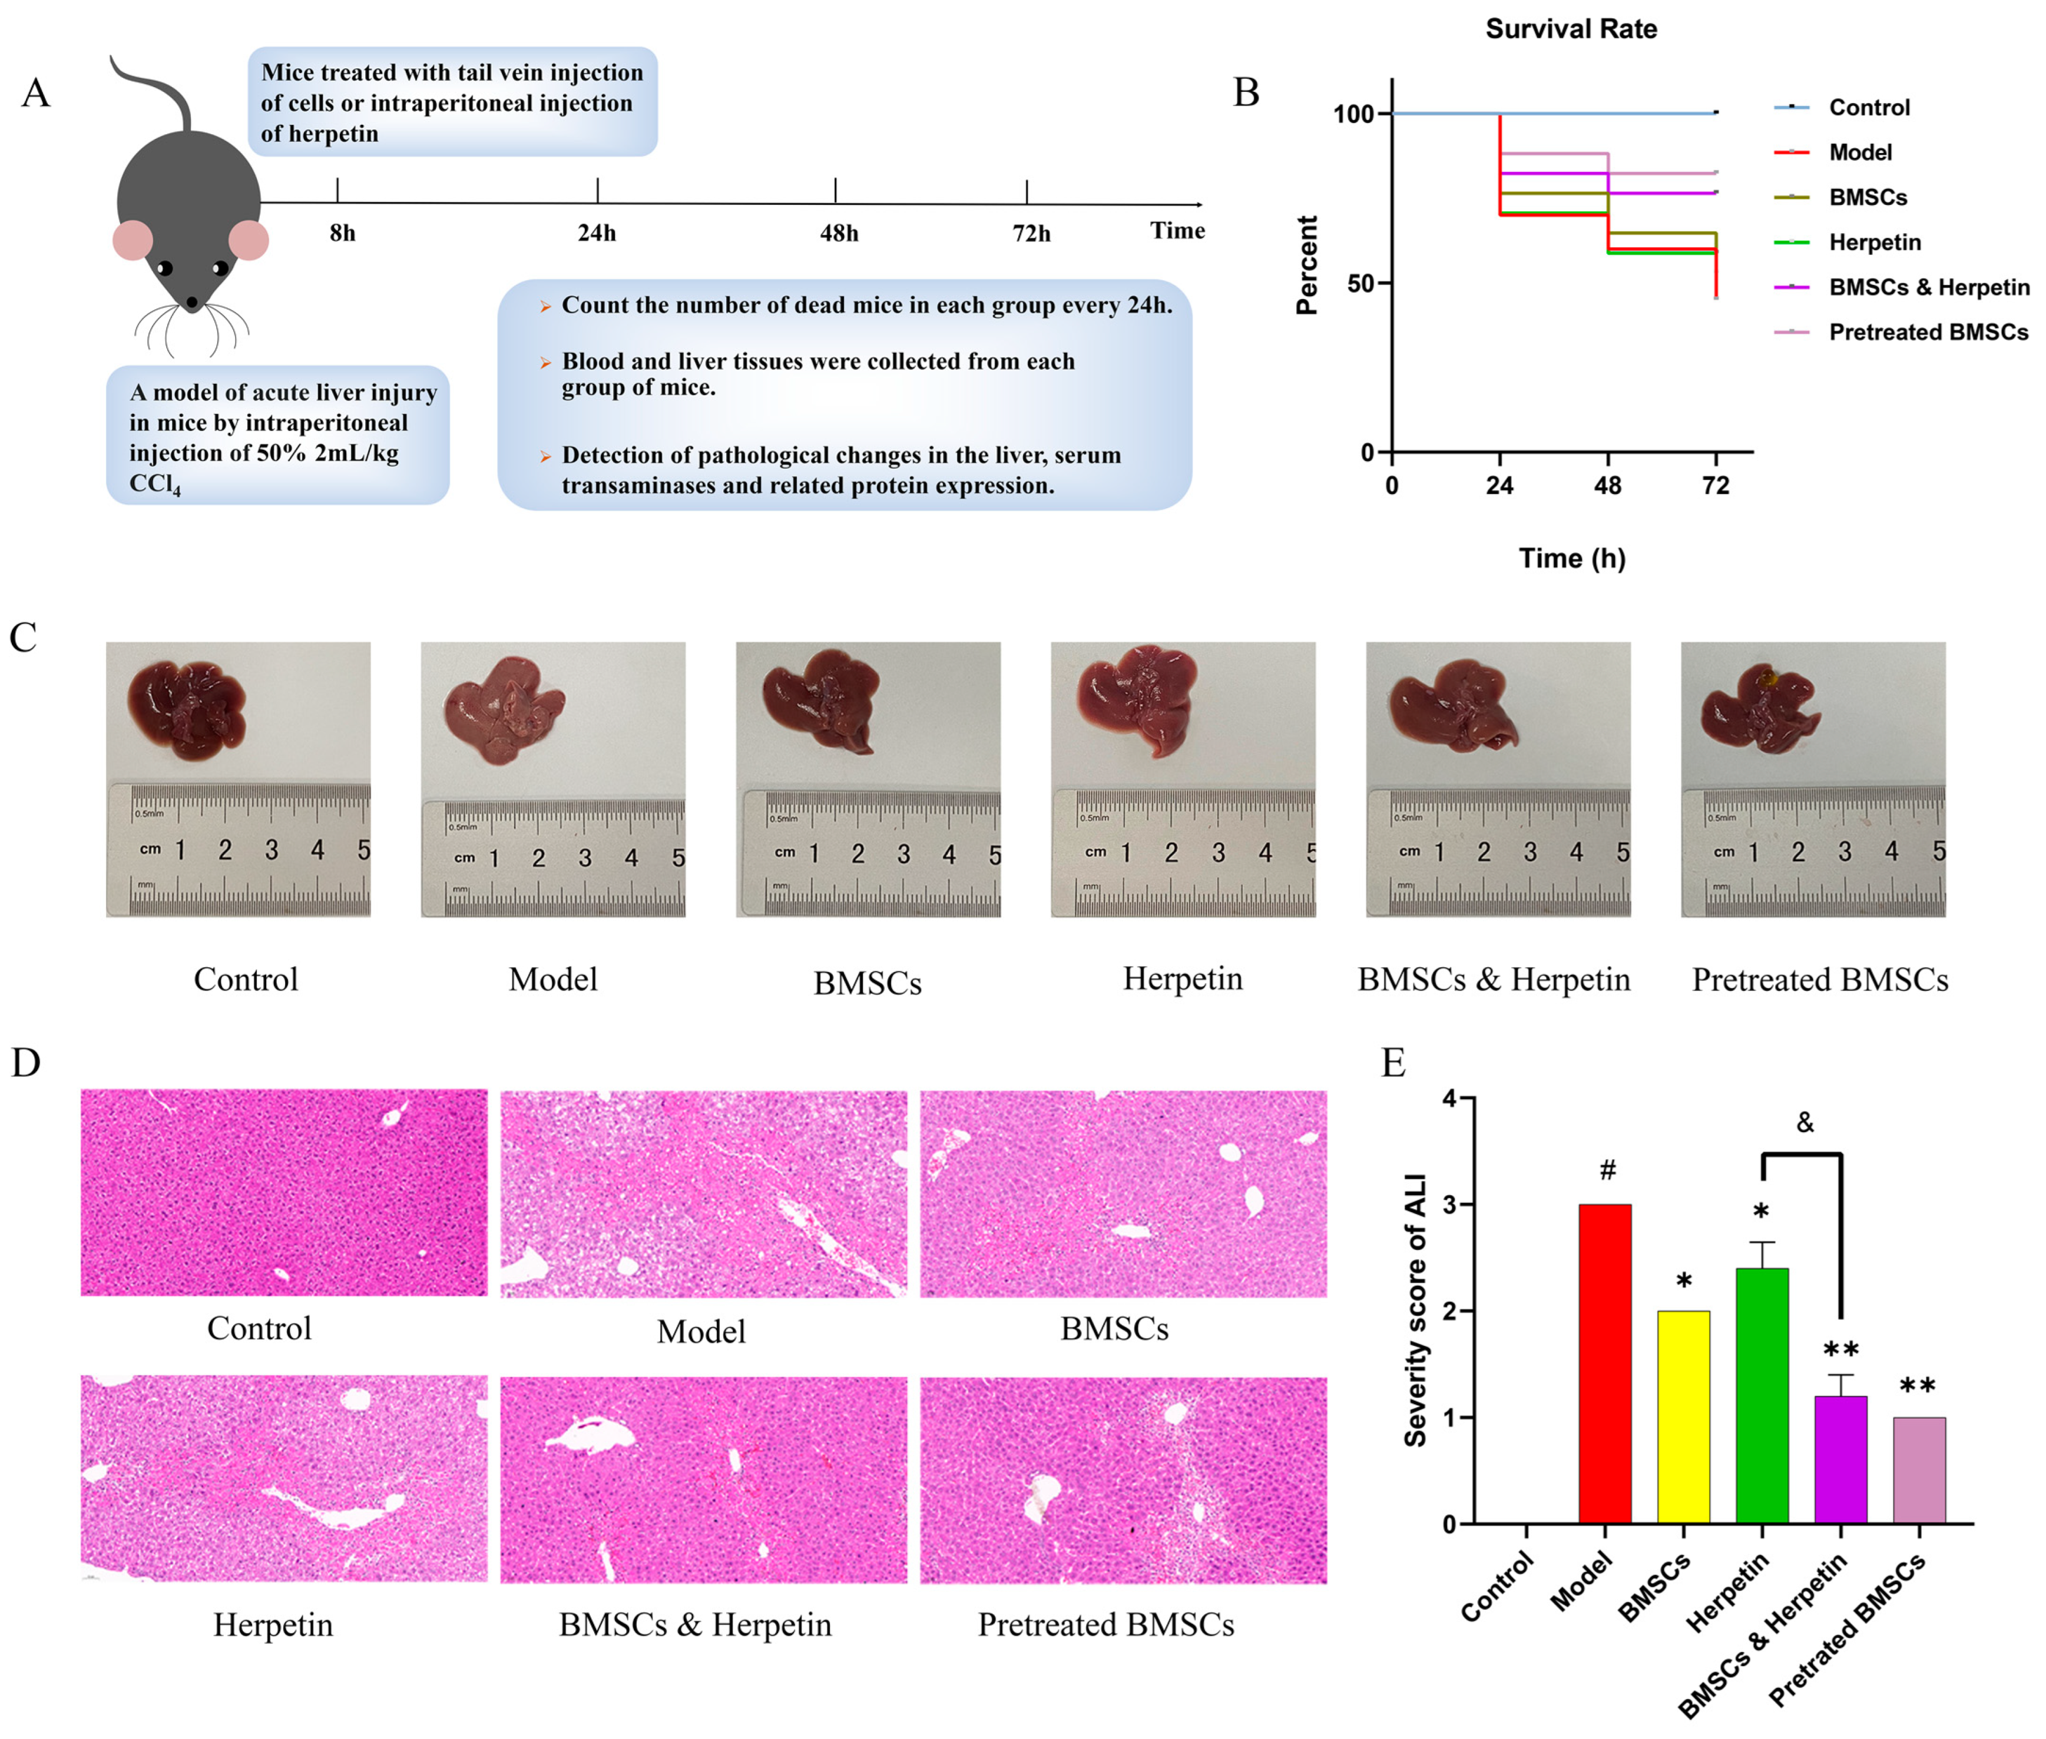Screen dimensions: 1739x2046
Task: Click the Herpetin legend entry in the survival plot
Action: (x=1873, y=243)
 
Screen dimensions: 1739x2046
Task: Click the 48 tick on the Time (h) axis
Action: (x=1607, y=485)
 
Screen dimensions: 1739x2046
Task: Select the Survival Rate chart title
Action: (x=1571, y=29)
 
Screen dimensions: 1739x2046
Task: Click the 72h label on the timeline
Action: (x=1031, y=234)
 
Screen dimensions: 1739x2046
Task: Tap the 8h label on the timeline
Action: (x=342, y=234)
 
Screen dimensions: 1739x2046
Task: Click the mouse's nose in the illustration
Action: (x=192, y=301)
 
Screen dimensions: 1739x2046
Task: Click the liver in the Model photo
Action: (x=502, y=710)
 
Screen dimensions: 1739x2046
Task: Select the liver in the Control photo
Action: (x=187, y=708)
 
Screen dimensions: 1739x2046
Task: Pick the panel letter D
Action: (x=26, y=1062)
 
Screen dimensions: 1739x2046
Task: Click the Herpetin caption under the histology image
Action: (x=273, y=1625)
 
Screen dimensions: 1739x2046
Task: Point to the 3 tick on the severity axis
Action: (x=1449, y=1204)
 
